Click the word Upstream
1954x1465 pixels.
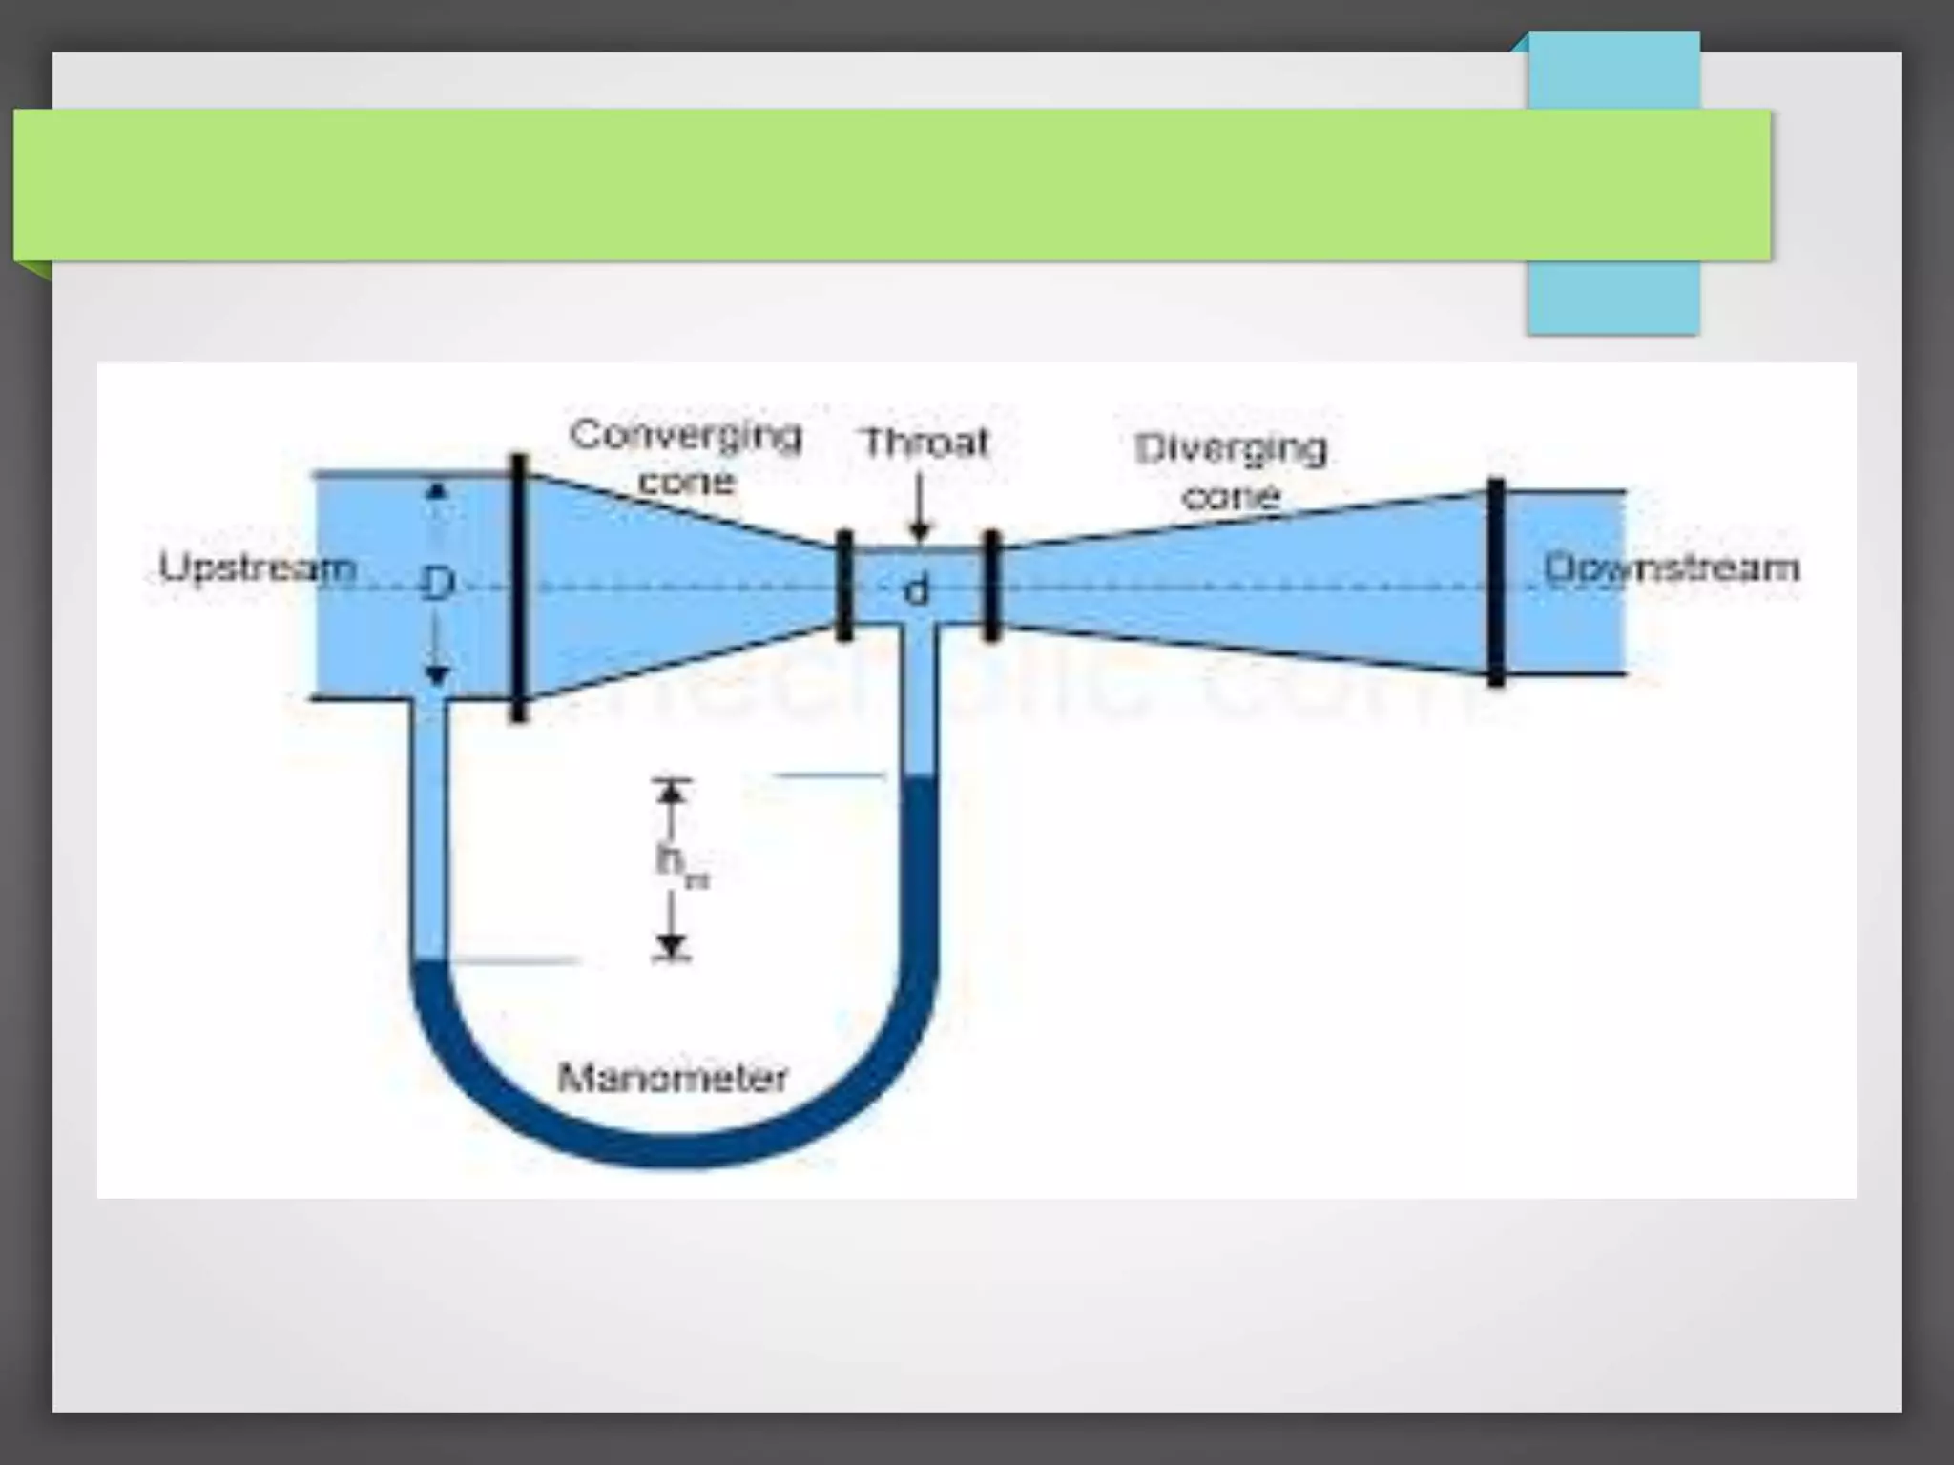(x=257, y=567)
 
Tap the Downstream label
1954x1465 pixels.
(x=1672, y=567)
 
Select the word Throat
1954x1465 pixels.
(x=925, y=444)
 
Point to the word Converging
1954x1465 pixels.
(x=685, y=435)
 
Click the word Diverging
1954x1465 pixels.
(x=1231, y=448)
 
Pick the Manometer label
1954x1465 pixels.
(x=672, y=1078)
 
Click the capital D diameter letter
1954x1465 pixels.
(x=436, y=584)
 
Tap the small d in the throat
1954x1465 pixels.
(x=915, y=591)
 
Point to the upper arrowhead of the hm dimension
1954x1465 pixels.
(x=673, y=792)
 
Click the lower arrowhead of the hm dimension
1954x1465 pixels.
(x=673, y=944)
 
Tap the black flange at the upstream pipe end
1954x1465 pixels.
(x=518, y=587)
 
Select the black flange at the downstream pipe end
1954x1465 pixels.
(x=1496, y=582)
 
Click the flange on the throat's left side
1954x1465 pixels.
(x=843, y=586)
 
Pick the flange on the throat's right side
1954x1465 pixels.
(x=991, y=585)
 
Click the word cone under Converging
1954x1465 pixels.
(x=686, y=482)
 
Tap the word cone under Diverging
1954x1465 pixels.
(x=1231, y=496)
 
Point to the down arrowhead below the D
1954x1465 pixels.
(x=437, y=675)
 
